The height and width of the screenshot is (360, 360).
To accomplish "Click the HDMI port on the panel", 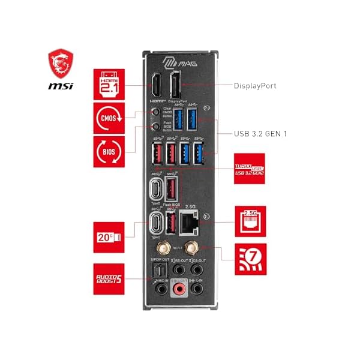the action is click(x=154, y=87).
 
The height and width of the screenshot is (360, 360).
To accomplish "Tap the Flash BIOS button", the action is click(x=156, y=126).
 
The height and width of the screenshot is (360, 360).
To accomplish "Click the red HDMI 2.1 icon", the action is click(x=109, y=84).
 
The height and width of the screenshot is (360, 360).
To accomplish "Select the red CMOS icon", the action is click(x=109, y=117).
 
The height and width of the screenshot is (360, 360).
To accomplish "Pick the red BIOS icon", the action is click(x=109, y=151).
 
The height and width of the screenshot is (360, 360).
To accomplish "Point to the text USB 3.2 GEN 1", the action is click(x=260, y=133).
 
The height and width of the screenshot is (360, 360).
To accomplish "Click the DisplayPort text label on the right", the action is click(x=255, y=86).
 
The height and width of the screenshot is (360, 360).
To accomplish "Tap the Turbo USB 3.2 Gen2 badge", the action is click(x=250, y=169).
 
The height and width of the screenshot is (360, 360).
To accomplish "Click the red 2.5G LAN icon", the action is click(x=250, y=221).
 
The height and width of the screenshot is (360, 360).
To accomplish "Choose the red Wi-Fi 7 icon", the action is click(x=250, y=260).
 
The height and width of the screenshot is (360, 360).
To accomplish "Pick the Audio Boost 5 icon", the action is click(x=109, y=278).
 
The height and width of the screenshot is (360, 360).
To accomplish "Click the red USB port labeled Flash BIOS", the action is click(x=171, y=189).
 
